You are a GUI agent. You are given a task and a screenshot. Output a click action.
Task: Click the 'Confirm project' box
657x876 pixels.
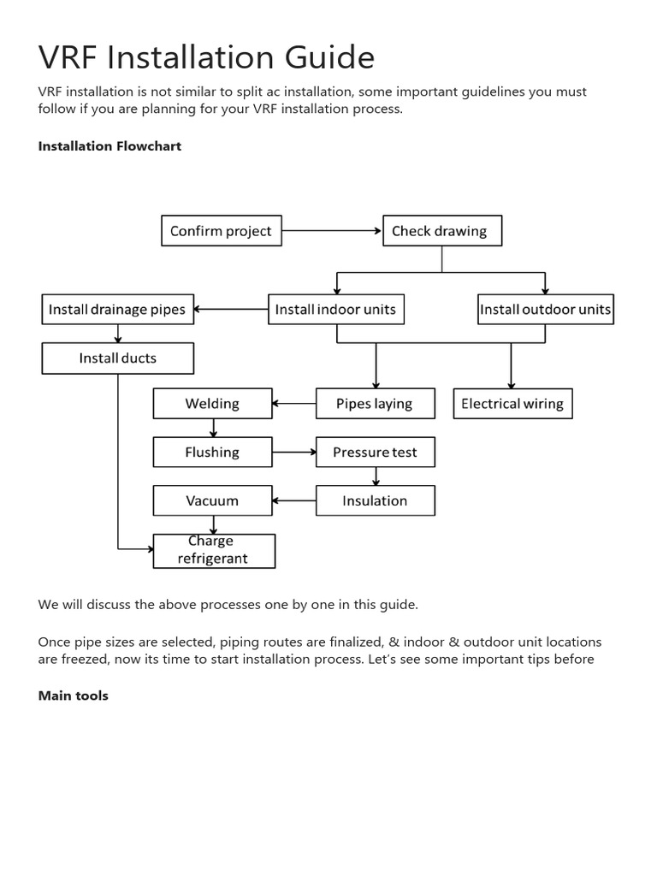222,231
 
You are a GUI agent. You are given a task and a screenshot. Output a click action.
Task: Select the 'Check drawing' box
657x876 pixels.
441,231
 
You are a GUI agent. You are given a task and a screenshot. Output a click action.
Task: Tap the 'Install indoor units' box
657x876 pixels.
335,310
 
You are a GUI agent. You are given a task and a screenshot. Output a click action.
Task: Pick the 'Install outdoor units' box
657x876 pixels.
545,310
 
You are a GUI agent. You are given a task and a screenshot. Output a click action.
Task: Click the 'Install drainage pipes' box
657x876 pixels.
118,310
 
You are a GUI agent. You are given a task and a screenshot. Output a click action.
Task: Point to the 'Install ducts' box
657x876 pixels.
118,358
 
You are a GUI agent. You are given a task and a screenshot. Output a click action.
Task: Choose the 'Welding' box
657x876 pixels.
212,404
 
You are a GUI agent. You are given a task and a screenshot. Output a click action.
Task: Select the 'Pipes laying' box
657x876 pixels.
375,404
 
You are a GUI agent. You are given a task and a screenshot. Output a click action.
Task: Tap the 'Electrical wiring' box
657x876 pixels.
512,404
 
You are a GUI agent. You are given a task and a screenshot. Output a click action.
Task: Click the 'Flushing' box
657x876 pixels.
212,453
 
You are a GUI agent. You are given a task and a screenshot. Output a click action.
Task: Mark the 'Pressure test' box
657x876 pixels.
375,453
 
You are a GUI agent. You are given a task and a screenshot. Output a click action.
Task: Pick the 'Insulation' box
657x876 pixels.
375,501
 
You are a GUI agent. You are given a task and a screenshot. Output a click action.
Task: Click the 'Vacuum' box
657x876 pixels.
212,501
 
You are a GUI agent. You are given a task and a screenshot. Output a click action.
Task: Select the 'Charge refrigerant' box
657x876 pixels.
214,551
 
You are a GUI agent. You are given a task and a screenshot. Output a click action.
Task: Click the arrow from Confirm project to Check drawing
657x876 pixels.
332,231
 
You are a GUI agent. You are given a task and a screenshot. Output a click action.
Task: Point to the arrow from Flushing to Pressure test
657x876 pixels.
294,453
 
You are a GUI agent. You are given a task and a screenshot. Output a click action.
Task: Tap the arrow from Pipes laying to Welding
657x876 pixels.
294,404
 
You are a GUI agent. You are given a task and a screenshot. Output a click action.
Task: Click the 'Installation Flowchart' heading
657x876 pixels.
109,146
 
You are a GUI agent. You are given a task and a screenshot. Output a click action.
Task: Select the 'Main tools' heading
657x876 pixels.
74,696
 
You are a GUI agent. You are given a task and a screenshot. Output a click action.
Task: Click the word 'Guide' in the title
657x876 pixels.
329,58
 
